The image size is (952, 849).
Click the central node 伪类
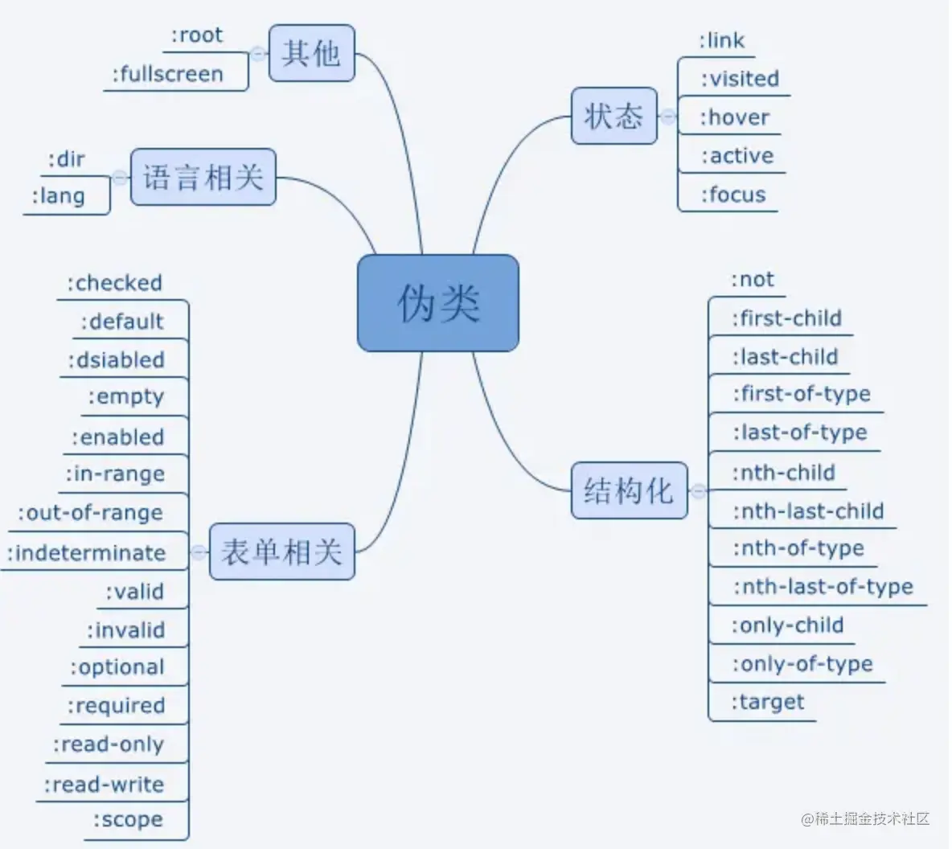(437, 303)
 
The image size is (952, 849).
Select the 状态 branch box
(613, 117)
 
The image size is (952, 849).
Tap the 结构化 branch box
(629, 490)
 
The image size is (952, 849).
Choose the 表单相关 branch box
(281, 552)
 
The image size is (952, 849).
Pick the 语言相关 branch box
(203, 177)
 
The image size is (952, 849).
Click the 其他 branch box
(311, 53)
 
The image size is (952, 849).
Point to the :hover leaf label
(734, 117)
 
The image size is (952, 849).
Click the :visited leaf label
(740, 79)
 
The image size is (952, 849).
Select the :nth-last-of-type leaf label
(823, 587)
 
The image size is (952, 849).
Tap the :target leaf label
(767, 703)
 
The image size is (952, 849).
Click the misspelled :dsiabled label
(116, 360)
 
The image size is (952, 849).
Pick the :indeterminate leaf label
(86, 553)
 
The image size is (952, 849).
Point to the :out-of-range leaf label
(90, 513)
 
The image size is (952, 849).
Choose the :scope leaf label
(128, 820)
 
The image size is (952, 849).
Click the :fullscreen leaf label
(167, 75)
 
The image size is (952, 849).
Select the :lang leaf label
(58, 196)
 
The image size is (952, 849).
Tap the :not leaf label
(752, 280)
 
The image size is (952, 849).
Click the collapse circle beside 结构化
(698, 490)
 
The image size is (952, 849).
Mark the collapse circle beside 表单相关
(199, 552)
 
